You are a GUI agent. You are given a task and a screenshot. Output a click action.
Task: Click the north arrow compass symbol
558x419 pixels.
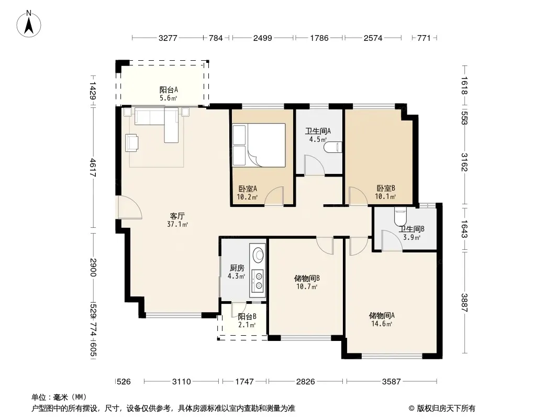pos(29,24)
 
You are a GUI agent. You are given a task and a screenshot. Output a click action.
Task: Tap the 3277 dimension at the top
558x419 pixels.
pos(168,38)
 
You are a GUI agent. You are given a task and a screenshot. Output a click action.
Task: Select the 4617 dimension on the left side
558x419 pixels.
pos(93,167)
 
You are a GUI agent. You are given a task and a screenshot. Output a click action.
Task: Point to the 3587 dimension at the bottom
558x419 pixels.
pos(392,382)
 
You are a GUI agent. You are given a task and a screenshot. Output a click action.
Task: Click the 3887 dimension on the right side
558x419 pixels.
pos(464,303)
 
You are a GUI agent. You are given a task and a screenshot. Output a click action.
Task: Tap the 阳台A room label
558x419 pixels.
pos(169,90)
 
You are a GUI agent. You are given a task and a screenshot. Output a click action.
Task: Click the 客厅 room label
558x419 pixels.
pos(177,216)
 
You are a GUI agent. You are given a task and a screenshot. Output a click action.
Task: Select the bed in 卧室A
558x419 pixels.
pos(259,145)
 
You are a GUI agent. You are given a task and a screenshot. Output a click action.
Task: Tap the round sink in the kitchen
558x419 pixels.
pos(259,255)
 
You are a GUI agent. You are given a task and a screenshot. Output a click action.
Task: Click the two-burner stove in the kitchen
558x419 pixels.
pos(258,281)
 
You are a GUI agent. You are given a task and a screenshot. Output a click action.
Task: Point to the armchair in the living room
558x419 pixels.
pos(132,142)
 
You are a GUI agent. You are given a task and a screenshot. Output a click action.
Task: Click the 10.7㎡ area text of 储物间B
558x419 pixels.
pos(307,286)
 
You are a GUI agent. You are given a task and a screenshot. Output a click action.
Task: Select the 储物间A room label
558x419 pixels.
pos(382,315)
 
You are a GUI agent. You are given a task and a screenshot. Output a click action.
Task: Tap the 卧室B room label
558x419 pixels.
pos(386,189)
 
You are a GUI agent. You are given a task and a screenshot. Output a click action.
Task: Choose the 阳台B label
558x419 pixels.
pos(247,316)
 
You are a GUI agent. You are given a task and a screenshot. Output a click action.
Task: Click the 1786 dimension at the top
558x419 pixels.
pos(319,38)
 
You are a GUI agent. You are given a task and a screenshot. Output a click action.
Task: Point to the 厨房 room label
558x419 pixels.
pos(237,268)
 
